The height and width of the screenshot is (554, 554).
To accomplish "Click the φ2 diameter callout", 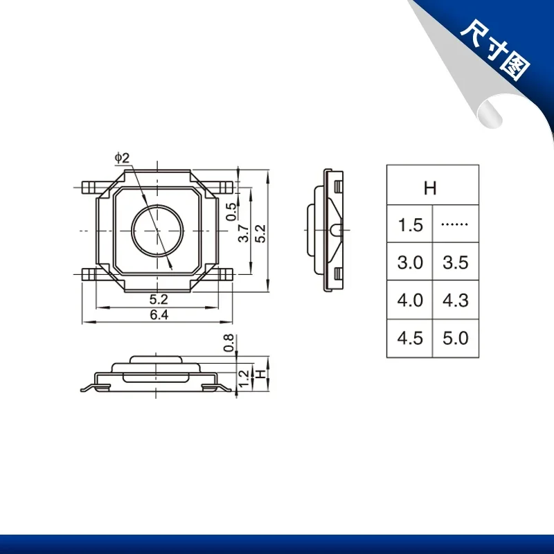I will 122,159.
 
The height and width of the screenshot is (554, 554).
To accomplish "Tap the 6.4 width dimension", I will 159,314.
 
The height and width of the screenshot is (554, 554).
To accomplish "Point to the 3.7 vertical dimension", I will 243,233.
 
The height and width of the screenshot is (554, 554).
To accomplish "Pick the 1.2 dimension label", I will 243,377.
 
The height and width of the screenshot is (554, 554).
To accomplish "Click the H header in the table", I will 430,188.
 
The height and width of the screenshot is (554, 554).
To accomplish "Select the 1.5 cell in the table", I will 410,224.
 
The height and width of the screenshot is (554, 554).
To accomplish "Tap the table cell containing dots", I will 454,224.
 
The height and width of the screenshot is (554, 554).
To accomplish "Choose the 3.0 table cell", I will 410,262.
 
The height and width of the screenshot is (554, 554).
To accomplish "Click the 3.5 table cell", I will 454,262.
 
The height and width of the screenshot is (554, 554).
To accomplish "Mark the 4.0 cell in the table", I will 410,301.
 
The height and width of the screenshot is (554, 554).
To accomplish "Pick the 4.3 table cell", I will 454,301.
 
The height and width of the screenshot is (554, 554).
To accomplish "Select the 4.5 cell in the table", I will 410,339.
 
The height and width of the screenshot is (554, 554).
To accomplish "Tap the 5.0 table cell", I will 454,339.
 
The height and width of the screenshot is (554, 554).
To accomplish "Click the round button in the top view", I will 158,229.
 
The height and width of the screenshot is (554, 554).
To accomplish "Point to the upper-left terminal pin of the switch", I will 89,186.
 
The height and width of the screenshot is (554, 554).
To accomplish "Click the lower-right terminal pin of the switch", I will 226,274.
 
